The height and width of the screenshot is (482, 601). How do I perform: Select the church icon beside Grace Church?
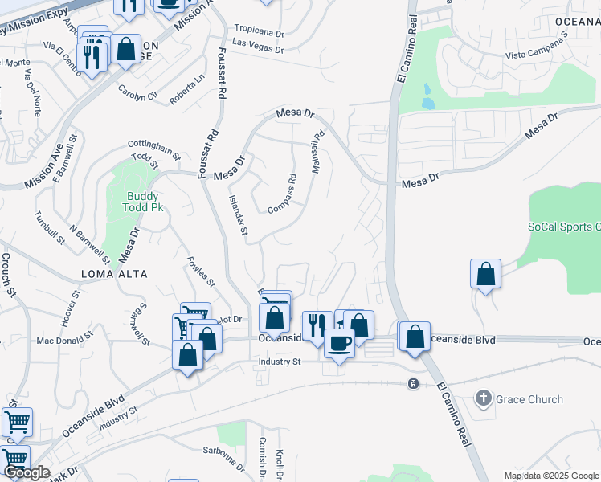pos(483,398)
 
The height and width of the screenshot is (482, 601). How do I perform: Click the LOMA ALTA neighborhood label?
pos(114,274)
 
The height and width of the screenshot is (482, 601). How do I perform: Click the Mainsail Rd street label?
pos(319,149)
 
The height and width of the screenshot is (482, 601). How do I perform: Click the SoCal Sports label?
pos(563,227)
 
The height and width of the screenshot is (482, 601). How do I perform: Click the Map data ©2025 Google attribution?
pos(551,476)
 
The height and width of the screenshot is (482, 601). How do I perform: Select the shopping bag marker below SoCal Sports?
pos(486,275)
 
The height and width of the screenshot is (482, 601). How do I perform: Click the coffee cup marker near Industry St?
pos(339,342)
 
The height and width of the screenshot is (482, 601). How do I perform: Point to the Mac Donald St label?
pos(67,341)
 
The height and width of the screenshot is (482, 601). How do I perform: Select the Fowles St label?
pos(201,272)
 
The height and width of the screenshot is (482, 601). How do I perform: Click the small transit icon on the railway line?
pos(413,383)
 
